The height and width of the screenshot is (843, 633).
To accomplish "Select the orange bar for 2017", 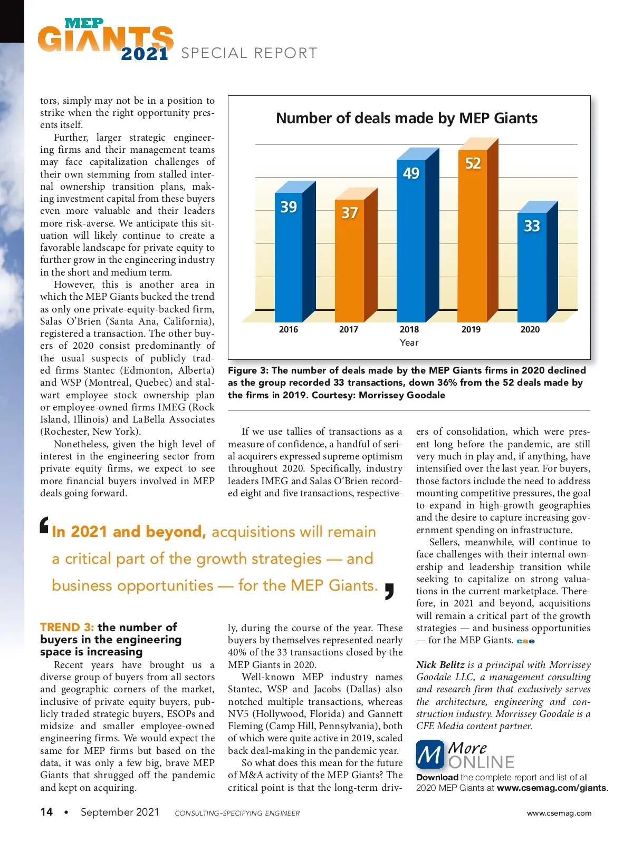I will point(349,261).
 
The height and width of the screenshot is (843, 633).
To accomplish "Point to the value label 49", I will point(411,173).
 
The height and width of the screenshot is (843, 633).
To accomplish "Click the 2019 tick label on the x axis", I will point(471,329).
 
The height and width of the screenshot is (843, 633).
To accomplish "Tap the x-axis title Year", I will point(409,342).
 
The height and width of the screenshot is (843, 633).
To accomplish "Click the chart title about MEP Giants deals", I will point(407,118).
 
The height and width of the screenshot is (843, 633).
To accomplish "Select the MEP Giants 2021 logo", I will point(105,40).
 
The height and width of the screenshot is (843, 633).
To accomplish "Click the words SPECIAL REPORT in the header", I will point(249,53).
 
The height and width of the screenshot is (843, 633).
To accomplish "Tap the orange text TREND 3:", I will point(67,627).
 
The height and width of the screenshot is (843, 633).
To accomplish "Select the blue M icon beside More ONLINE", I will point(430,755).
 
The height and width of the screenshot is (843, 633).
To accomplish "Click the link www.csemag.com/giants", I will point(551,788).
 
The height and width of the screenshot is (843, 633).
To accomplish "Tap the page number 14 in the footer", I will point(46,812).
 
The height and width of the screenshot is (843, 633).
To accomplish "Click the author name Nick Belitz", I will point(440,665).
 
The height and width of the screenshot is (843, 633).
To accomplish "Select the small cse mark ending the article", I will point(525,641).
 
